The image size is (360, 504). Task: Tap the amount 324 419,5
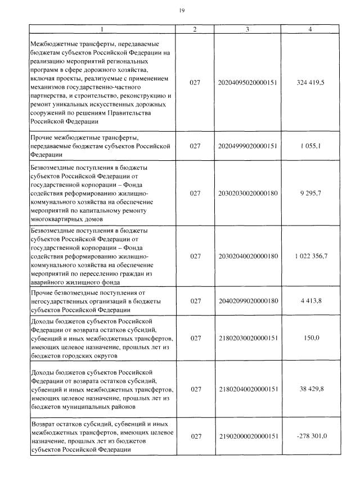click(310, 83)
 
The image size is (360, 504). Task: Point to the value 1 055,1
click(310, 146)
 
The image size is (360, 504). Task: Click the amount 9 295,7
click(310, 193)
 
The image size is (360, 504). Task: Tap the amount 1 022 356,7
click(310, 256)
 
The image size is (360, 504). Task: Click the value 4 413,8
click(310, 301)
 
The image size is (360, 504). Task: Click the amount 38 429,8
click(310, 389)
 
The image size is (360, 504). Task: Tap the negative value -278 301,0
click(310, 436)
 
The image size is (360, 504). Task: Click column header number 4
click(310, 29)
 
